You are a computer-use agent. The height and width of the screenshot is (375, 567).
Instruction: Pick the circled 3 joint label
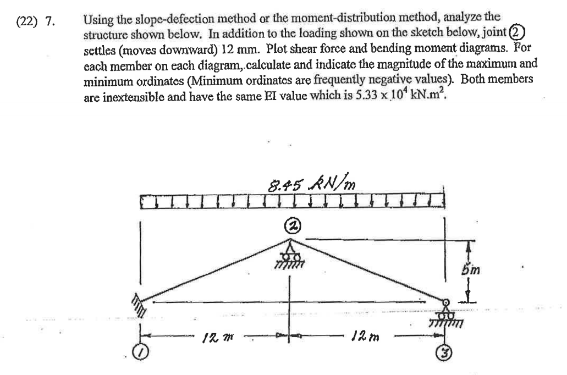446,351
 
